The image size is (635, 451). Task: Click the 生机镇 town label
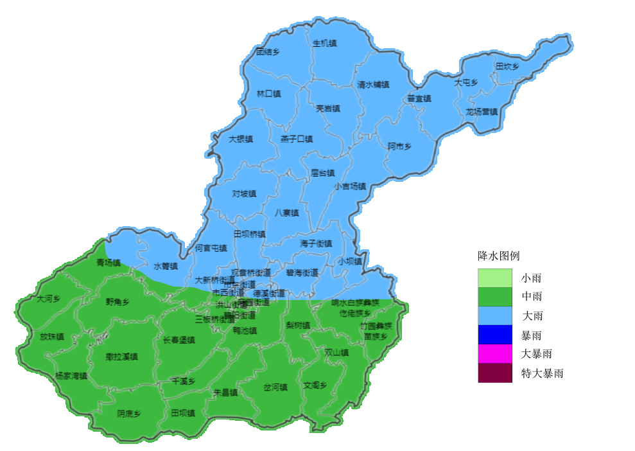coord(324,43)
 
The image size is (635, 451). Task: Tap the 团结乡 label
coord(268,51)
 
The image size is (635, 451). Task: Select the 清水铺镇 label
coord(373,84)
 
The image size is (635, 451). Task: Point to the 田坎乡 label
coord(507,66)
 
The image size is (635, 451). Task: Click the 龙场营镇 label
coord(482,111)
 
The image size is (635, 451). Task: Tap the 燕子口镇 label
coord(297,139)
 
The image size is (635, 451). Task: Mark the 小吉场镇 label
coord(350,186)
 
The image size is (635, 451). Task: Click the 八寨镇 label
coord(287,213)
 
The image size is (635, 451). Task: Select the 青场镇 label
coord(109,263)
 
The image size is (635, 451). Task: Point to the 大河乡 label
coord(48,299)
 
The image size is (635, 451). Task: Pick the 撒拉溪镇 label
coord(122,356)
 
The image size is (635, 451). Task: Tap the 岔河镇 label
coord(275,387)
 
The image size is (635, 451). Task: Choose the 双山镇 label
coord(336,352)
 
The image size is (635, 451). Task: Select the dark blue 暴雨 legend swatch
coord(495,335)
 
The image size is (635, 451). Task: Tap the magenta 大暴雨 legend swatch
coord(495,353)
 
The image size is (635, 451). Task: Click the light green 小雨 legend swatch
coord(495,278)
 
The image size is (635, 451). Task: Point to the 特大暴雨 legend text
coord(542,373)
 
